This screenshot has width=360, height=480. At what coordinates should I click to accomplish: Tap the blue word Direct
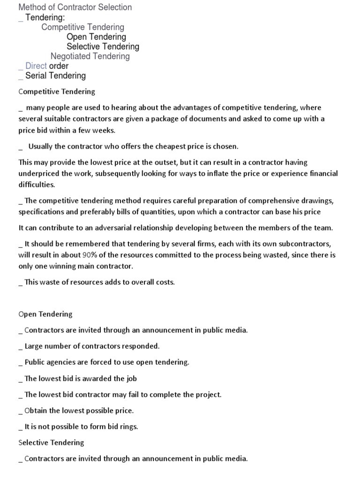pos(36,66)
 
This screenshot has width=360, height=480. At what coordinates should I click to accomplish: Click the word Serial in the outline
pos(36,76)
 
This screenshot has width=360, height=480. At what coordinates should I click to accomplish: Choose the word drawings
pos(316,201)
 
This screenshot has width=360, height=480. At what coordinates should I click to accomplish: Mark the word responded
pos(140,346)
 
